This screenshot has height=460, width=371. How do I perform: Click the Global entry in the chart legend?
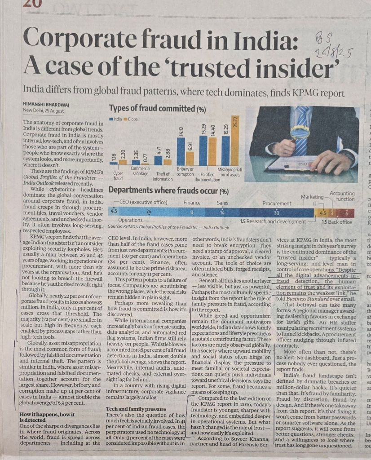point(133,119)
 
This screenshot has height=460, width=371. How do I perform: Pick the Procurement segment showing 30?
point(276,212)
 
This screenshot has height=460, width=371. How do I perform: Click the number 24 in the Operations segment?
point(149,212)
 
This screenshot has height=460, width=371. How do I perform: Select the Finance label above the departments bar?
point(192,203)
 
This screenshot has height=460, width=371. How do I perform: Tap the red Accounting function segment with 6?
point(346,212)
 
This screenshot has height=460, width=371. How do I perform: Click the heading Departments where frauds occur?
point(168,191)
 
